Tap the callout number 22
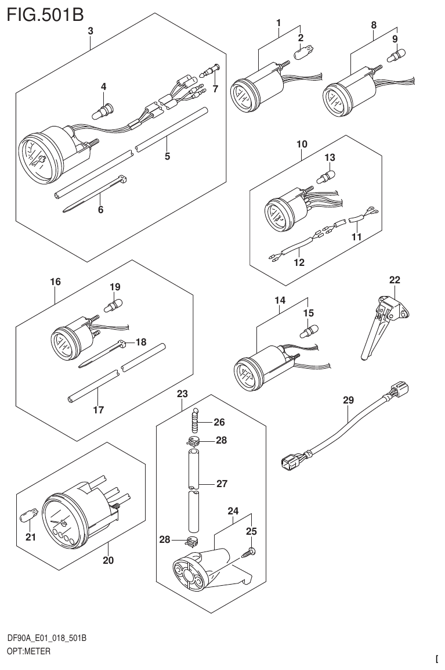[x=395, y=280]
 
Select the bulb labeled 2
[x=302, y=54]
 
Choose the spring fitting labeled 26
[x=196, y=419]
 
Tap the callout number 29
[x=348, y=400]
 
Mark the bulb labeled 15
[x=308, y=332]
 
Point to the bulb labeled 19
[x=115, y=304]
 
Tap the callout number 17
[x=98, y=410]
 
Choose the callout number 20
[x=108, y=560]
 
